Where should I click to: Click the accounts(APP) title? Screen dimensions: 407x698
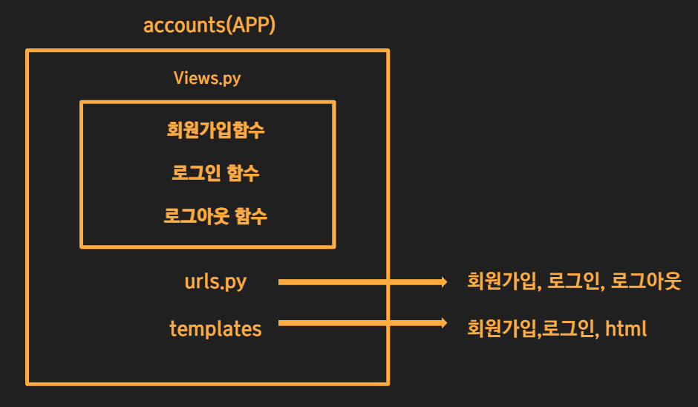click(x=209, y=25)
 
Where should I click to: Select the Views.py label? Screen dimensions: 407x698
click(x=207, y=78)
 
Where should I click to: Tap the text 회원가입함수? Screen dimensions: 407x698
click(x=215, y=131)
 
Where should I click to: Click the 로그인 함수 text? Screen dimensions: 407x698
click(x=215, y=174)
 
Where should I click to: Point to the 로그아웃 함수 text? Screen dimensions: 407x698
click(x=215, y=216)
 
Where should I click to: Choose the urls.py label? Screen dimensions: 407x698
click(x=215, y=282)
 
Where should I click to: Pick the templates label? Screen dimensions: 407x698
click(x=215, y=328)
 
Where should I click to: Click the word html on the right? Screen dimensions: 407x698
click(x=626, y=328)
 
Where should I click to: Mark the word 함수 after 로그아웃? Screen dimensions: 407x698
click(x=249, y=216)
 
